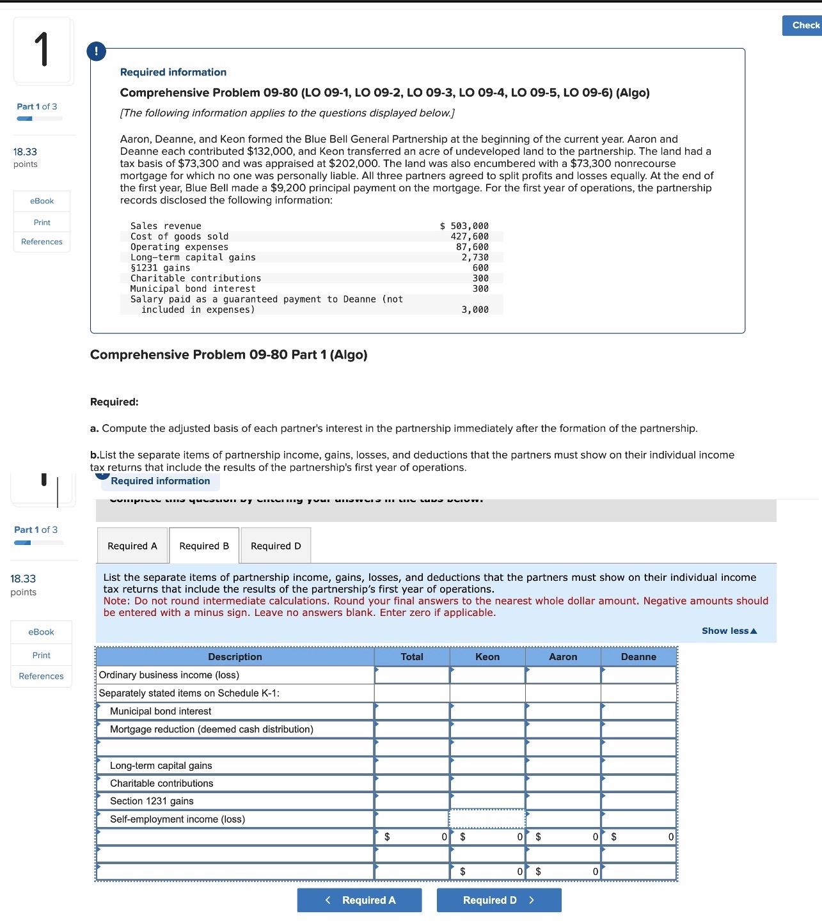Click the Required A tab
132,546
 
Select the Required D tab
276,546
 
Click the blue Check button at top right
802,26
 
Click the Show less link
729,631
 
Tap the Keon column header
487,657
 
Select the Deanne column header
638,657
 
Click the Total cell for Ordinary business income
412,675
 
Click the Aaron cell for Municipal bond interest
563,711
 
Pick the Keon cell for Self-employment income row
487,819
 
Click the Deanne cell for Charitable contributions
638,783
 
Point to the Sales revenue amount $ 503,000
464,226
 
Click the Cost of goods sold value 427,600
470,237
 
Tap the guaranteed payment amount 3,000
475,310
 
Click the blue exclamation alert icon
96,51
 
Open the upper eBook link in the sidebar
42,201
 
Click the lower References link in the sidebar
42,676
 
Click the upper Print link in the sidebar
42,222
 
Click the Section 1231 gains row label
152,801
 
